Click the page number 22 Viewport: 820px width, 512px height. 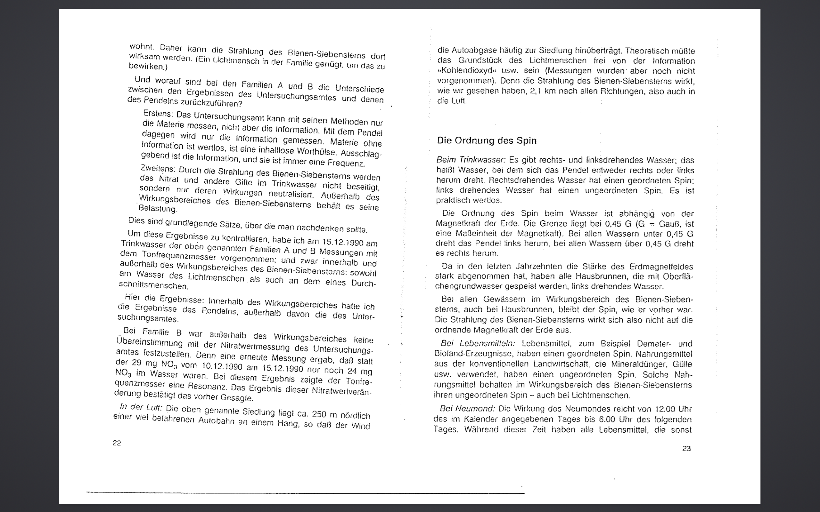117,443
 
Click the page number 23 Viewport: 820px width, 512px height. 686,449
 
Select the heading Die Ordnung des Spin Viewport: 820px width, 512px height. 487,140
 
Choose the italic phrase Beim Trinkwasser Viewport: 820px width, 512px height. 471,159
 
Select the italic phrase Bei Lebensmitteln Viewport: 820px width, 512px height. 478,343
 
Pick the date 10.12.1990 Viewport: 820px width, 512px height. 222,366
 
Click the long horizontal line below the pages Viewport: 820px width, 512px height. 305,493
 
